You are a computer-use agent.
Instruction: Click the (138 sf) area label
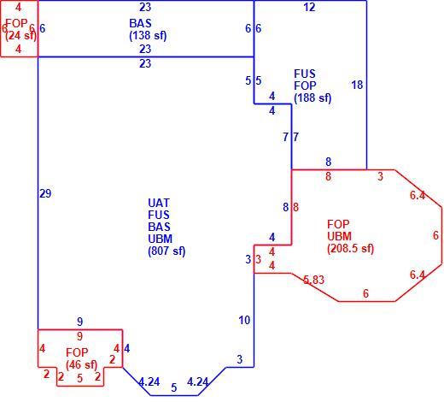pyautogui.click(x=148, y=36)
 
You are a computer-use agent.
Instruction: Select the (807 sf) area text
pyautogui.click(x=166, y=251)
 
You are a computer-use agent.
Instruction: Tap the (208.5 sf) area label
pyautogui.click(x=350, y=249)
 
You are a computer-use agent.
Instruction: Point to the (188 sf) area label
pyautogui.click(x=313, y=98)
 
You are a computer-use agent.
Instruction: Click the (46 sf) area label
pyautogui.click(x=82, y=365)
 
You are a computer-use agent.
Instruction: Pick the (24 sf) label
pyautogui.click(x=21, y=36)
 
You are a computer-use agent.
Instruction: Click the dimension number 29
pyautogui.click(x=45, y=194)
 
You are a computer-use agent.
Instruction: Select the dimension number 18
pyautogui.click(x=357, y=85)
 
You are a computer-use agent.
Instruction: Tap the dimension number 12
pyautogui.click(x=310, y=8)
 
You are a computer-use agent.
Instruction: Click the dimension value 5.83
pyautogui.click(x=313, y=280)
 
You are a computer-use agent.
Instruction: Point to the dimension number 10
pyautogui.click(x=244, y=321)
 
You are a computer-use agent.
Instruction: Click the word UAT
pyautogui.click(x=159, y=204)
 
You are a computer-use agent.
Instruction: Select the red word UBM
pyautogui.click(x=339, y=236)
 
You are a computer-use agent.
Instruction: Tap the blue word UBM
pyautogui.click(x=161, y=239)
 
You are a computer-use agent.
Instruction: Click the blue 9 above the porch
pyautogui.click(x=80, y=322)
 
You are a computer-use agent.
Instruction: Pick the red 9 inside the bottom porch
pyautogui.click(x=80, y=336)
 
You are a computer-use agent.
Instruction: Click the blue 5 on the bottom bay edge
pyautogui.click(x=174, y=387)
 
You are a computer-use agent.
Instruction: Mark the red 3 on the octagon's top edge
pyautogui.click(x=381, y=177)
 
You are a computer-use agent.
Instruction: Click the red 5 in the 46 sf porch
pyautogui.click(x=80, y=378)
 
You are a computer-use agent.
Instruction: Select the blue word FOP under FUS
pyautogui.click(x=305, y=86)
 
